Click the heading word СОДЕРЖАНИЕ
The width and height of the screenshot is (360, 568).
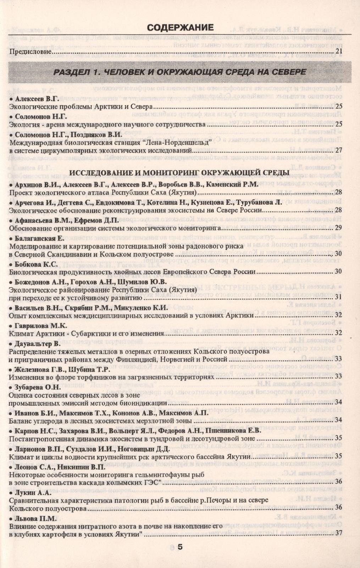pos(180,28)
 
